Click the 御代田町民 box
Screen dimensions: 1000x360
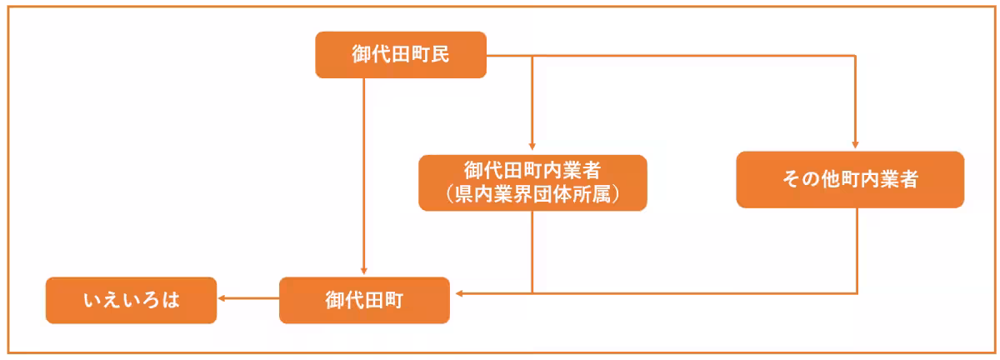[x=401, y=54]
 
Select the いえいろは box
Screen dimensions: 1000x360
[x=132, y=300]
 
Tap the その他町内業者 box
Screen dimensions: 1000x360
[x=850, y=179]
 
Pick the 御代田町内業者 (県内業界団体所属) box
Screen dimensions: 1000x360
[x=532, y=182]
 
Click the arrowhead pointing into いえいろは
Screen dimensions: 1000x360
[x=221, y=297]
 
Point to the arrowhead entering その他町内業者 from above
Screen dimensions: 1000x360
[x=855, y=145]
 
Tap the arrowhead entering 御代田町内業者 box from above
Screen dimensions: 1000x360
[x=532, y=147]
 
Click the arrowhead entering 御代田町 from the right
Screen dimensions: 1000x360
[x=459, y=293]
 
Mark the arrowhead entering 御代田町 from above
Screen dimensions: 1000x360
[x=364, y=271]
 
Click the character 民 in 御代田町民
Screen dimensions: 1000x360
[x=440, y=54]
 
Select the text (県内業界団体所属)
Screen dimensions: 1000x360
[x=532, y=194]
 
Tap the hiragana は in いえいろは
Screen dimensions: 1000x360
[x=171, y=300]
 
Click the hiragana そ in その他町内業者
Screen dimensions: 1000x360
[x=792, y=179]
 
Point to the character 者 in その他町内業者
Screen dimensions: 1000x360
[x=908, y=179]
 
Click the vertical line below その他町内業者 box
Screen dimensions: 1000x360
[x=857, y=251]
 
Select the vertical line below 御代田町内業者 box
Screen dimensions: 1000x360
[x=532, y=252]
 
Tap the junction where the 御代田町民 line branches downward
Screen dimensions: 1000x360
[x=532, y=56]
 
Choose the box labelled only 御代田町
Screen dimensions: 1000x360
[x=364, y=300]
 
